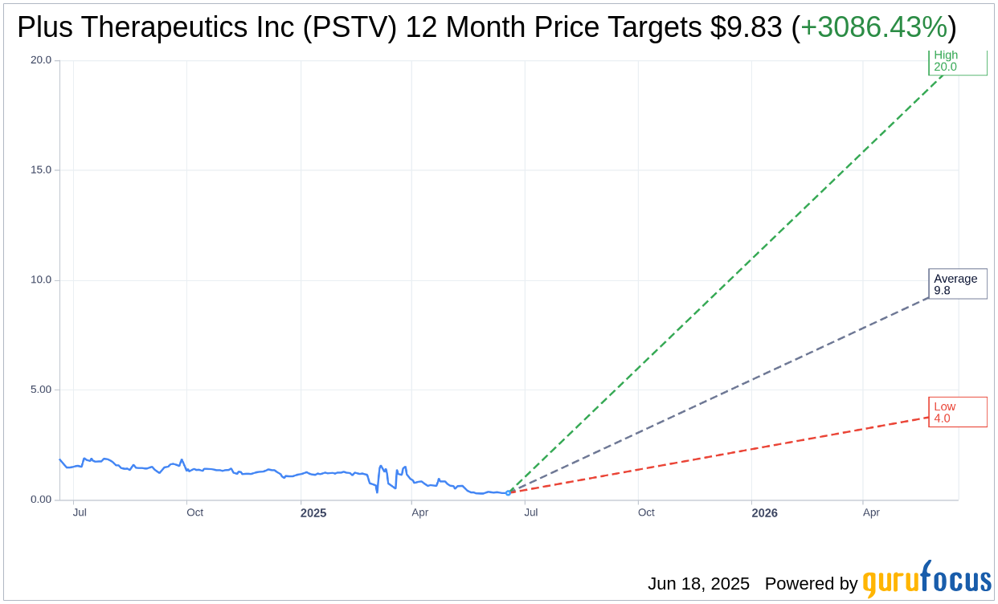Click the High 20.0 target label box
[957, 62]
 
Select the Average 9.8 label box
[957, 284]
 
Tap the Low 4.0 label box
[957, 412]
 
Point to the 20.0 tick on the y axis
[40, 60]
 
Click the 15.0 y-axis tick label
[40, 170]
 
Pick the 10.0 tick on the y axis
[40, 280]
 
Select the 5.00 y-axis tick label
[40, 390]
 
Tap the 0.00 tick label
[40, 500]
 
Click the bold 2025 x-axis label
[313, 513]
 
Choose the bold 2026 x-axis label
[764, 513]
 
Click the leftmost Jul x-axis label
[80, 512]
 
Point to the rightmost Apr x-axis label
[871, 512]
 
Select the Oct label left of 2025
[194, 512]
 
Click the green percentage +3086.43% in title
[873, 27]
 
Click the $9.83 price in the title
[746, 27]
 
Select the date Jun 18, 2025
[698, 584]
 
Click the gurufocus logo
[926, 580]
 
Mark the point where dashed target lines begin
[508, 492]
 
